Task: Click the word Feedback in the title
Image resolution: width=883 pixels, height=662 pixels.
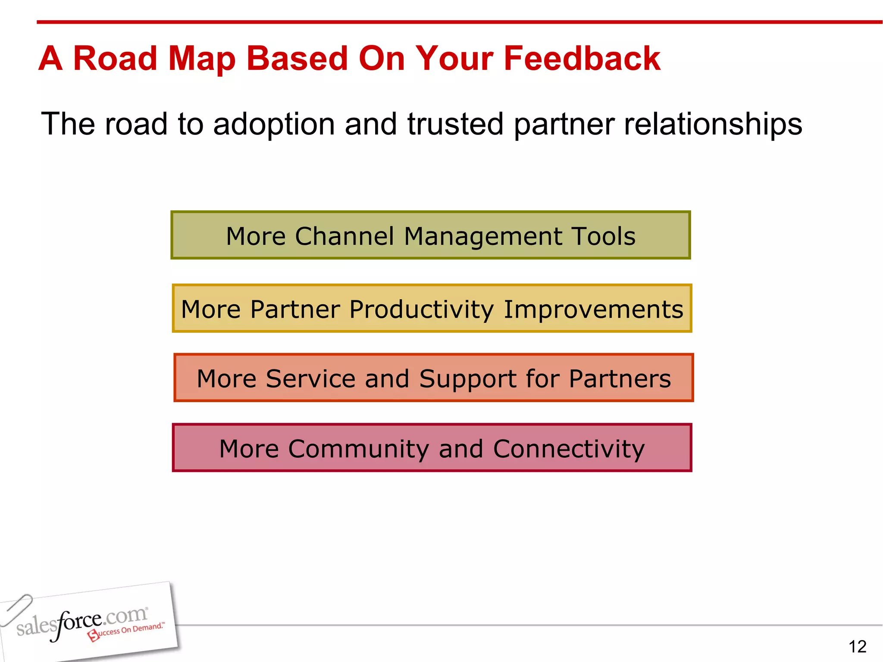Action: pos(582,59)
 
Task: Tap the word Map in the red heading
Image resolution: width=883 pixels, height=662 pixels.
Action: pos(202,59)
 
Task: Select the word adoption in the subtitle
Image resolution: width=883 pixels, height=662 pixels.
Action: pos(274,124)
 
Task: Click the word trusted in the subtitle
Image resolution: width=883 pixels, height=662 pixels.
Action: pos(455,124)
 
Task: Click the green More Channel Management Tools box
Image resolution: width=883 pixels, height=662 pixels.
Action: pos(430,235)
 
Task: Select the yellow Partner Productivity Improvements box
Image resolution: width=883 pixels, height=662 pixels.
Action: pos(432,309)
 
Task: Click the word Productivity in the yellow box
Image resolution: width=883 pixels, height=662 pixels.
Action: pos(421,310)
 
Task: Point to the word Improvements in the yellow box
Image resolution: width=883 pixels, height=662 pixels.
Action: pos(593,310)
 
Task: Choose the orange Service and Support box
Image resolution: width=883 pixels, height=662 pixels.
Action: pos(433,378)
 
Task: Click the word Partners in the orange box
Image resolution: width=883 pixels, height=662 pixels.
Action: pos(620,379)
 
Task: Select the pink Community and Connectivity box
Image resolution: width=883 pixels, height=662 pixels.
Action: pos(432,448)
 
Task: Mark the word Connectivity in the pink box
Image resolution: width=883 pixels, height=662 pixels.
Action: pos(569,449)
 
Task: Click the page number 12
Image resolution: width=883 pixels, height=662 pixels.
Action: pos(857,646)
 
